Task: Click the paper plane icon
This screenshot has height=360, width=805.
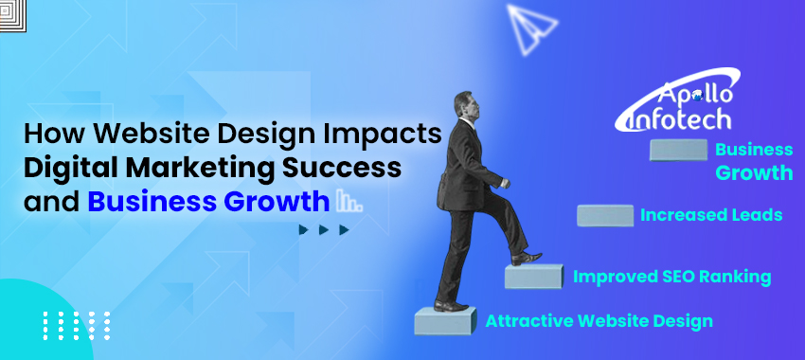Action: (533, 27)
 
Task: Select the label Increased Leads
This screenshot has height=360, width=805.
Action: (711, 215)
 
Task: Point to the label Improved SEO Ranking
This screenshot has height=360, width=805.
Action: (671, 277)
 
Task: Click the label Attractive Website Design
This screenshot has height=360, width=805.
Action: (599, 321)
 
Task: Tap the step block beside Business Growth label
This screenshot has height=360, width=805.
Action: (678, 150)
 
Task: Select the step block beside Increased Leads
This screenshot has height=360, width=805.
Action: (605, 215)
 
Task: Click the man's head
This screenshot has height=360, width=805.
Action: (463, 103)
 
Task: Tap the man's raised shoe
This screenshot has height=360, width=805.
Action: (528, 257)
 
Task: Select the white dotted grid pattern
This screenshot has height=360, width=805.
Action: (77, 324)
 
